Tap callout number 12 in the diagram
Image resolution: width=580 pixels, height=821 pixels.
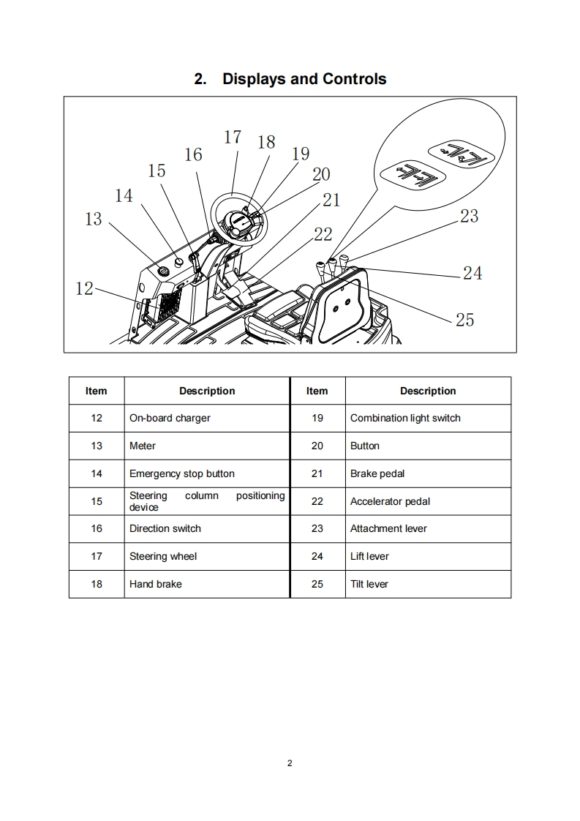85,288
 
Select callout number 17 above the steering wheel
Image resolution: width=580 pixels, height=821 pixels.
232,137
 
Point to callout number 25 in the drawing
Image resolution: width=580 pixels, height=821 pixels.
464,320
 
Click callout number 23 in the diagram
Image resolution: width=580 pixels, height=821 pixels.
469,216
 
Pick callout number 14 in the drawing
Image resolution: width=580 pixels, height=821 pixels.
124,195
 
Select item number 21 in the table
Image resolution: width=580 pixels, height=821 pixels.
317,473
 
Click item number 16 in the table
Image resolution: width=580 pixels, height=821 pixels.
97,528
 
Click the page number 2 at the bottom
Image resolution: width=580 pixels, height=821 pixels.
290,763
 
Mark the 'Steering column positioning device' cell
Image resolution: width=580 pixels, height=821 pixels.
207,501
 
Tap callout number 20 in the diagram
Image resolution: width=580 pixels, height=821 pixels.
321,174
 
